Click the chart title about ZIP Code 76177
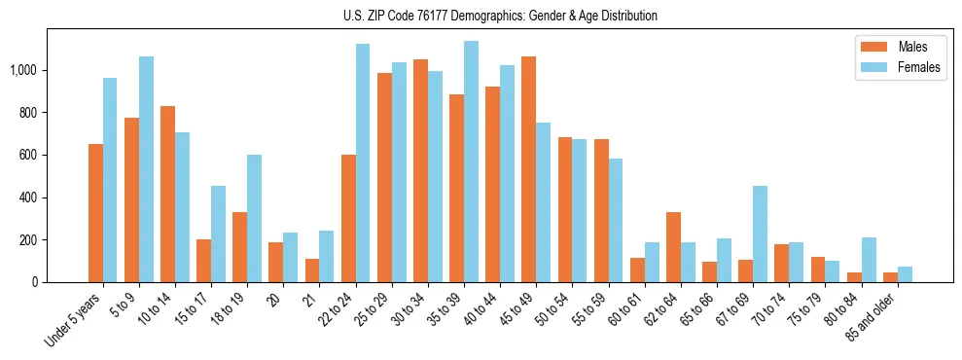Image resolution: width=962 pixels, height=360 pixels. pyautogui.click(x=500, y=16)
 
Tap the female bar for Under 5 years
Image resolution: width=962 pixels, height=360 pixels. pyautogui.click(x=110, y=180)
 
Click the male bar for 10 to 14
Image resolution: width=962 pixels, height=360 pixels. pyautogui.click(x=167, y=195)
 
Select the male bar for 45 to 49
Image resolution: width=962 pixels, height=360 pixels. pyautogui.click(x=528, y=169)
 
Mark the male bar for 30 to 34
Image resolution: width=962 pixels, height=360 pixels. pyautogui.click(x=420, y=171)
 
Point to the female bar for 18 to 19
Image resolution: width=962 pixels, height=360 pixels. pyautogui.click(x=254, y=219)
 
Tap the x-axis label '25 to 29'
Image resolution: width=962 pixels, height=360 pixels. pyautogui.click(x=375, y=312)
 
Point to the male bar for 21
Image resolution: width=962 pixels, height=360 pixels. pyautogui.click(x=312, y=270)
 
